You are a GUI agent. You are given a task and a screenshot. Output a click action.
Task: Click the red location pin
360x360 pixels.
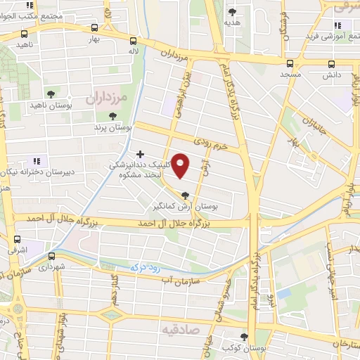click(181, 165)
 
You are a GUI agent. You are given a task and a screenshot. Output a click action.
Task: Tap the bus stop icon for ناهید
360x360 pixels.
click(25, 33)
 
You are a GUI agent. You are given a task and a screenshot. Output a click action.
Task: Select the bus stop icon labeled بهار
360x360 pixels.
click(94, 29)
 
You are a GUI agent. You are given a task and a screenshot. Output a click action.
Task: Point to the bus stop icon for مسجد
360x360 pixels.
click(290, 63)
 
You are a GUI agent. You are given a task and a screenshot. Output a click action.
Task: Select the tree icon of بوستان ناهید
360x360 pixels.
click(50, 94)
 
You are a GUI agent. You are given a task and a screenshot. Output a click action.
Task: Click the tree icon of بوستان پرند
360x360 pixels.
click(112, 116)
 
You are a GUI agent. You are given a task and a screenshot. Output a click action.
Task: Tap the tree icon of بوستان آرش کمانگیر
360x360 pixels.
click(186, 196)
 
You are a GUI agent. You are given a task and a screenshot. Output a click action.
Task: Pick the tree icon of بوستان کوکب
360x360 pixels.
click(244, 337)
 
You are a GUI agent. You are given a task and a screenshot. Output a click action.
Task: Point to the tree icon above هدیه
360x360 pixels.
click(232, 12)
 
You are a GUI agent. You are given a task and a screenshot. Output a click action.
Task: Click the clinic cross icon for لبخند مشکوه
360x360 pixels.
click(141, 153)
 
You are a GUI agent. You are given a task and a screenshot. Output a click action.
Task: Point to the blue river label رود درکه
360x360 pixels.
click(146, 267)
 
